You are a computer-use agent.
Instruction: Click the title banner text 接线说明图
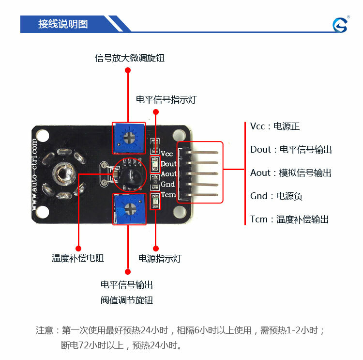tap(63, 24)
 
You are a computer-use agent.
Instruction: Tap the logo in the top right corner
tap(340, 25)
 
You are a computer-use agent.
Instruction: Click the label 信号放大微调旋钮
tap(130, 58)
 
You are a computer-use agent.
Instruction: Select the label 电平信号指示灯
tap(166, 100)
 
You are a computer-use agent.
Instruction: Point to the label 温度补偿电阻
tap(78, 258)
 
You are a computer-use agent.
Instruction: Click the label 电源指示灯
tap(160, 258)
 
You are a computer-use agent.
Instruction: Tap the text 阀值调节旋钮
tap(127, 300)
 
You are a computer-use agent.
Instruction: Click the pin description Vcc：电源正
tap(275, 126)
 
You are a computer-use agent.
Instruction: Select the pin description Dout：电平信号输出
tap(291, 150)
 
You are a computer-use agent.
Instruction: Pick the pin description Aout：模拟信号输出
tap(291, 172)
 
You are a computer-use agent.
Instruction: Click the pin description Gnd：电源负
tap(276, 196)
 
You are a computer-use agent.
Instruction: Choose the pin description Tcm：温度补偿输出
tap(289, 219)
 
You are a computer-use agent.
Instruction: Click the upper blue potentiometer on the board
tap(129, 138)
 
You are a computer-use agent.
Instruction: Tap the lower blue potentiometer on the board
tap(129, 209)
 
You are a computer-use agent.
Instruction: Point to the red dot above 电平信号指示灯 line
tap(156, 112)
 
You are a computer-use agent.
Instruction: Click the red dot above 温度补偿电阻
tap(78, 249)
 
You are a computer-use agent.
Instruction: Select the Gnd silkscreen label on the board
tap(167, 184)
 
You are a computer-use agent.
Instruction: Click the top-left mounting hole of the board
tap(43, 136)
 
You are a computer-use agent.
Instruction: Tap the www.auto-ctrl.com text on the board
tap(34, 174)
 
